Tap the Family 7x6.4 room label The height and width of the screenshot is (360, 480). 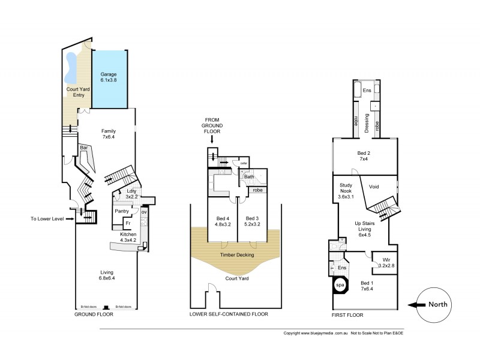click(x=109, y=134)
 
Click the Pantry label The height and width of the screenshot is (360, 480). click(x=122, y=212)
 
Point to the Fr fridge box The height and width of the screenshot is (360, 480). click(x=128, y=224)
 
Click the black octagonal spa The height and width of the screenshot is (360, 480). click(x=340, y=286)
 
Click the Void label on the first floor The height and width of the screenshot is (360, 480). click(x=374, y=187)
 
